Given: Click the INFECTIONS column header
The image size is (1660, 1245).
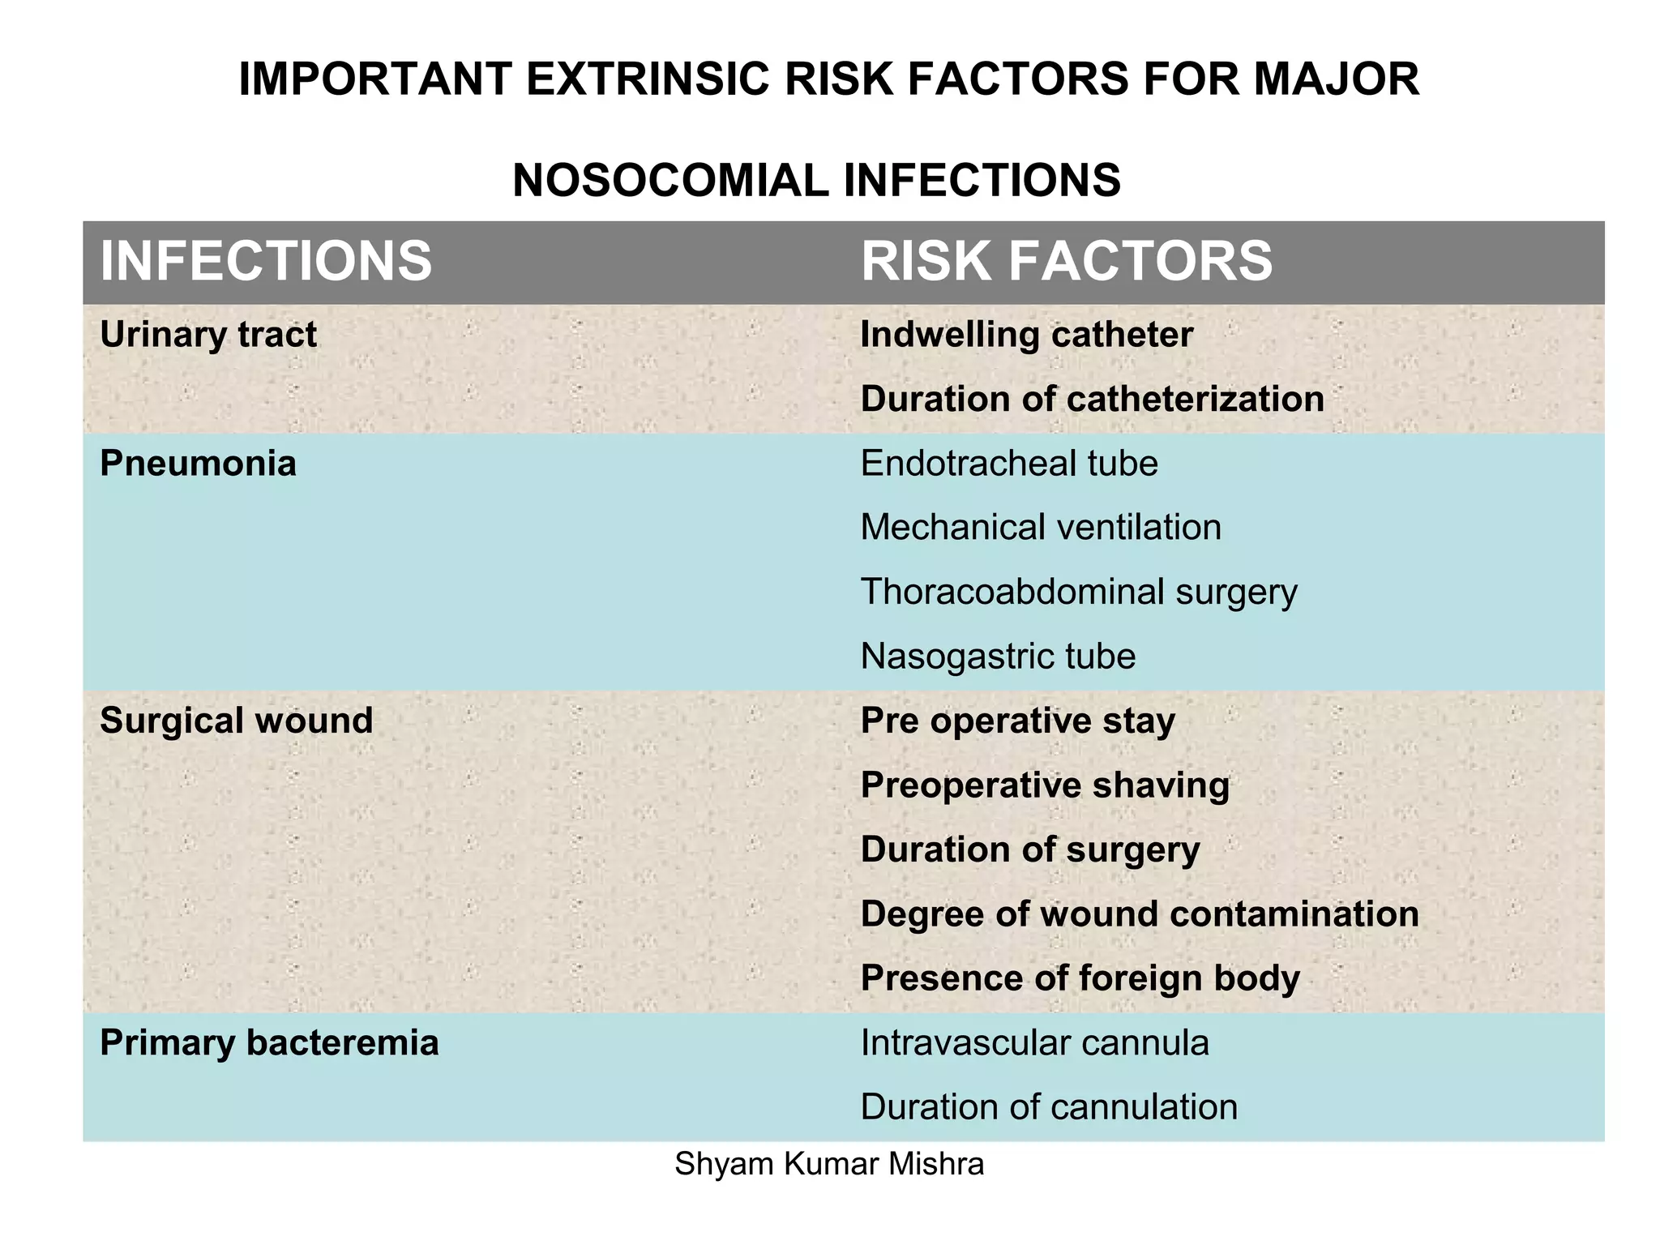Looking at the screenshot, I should click(266, 261).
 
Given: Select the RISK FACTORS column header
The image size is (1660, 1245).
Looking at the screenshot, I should click(1066, 261).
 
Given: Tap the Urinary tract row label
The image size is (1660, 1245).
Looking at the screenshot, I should click(208, 335).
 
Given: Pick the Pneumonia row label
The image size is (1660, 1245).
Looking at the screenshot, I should click(198, 464).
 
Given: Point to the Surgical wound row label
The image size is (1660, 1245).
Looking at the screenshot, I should click(236, 721).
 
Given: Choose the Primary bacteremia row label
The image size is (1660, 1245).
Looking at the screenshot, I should click(269, 1042).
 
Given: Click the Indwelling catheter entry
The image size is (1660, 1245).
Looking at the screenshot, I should click(1026, 335).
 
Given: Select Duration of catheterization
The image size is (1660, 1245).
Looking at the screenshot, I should click(1092, 399).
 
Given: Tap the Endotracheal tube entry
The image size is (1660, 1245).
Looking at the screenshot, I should click(1009, 464).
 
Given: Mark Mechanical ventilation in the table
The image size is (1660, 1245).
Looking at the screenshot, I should click(1041, 528).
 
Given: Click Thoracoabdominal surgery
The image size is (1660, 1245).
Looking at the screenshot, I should click(1078, 592).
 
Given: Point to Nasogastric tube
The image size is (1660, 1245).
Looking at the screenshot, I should click(998, 657).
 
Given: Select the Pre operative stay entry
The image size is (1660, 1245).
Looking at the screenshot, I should click(1017, 721).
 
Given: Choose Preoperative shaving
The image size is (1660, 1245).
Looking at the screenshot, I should click(1045, 785).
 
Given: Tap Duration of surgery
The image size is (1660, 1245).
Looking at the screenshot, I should click(1029, 849).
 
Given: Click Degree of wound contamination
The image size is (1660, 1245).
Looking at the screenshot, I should click(1139, 913).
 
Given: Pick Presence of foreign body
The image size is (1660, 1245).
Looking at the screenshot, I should click(1080, 978).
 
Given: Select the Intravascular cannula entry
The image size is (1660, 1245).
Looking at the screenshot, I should click(1034, 1042).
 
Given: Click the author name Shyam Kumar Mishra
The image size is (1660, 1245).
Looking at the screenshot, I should click(829, 1164).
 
